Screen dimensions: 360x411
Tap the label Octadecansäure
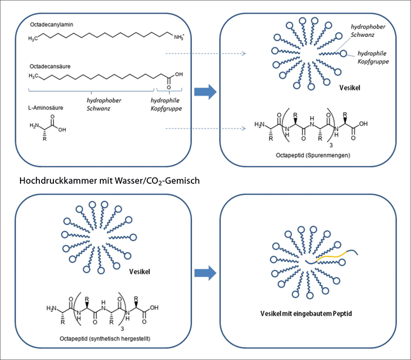[50, 66]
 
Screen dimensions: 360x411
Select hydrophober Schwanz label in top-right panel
[368, 31]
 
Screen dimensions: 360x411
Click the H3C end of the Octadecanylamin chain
[35, 38]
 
